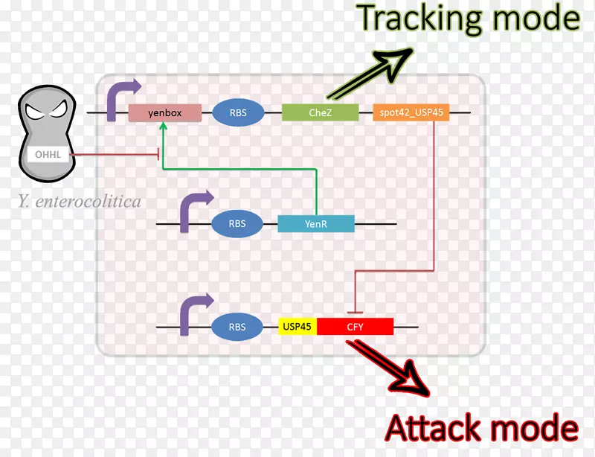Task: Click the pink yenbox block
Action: click(x=165, y=113)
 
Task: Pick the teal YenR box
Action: click(x=316, y=223)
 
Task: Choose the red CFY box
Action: click(x=356, y=327)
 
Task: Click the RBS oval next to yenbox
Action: click(x=239, y=113)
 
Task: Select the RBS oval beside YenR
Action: click(x=238, y=223)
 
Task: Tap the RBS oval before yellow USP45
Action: click(x=238, y=327)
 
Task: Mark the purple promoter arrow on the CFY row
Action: click(x=192, y=314)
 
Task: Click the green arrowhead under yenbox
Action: click(x=163, y=127)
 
